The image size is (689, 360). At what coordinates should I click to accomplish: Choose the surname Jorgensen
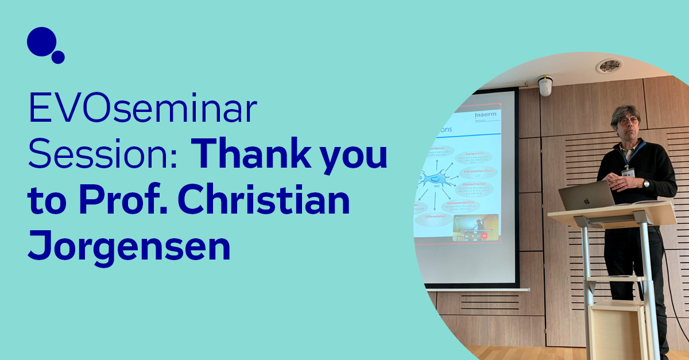tap(129, 249)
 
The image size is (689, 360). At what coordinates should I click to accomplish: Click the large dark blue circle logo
tap(41, 41)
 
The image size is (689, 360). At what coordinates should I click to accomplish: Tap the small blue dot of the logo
tap(58, 57)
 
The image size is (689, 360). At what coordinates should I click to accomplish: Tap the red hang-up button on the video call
tap(484, 235)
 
